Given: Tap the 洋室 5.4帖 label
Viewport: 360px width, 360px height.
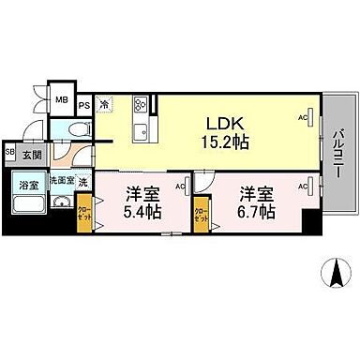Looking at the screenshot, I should [x=142, y=203].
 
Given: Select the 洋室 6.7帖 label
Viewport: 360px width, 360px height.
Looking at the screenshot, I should [x=255, y=203].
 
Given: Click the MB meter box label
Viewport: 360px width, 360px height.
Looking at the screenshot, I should [x=61, y=100].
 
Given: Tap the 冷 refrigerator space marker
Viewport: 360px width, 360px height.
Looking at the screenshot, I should [x=104, y=105].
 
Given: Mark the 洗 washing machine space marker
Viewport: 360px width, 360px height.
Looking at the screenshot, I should [x=84, y=179].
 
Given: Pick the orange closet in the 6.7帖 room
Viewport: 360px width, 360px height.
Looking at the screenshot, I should [x=200, y=214].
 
